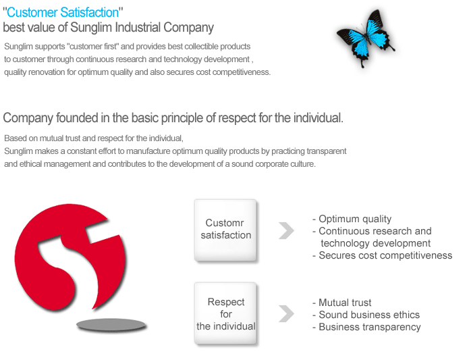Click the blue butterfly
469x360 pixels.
366,37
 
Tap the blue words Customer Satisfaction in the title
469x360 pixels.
63,13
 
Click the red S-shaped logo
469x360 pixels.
70,257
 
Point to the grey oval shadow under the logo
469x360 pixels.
111,325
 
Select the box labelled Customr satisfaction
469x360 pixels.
225,230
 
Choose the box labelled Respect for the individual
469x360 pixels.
225,313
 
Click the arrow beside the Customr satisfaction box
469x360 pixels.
286,230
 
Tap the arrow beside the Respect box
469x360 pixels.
286,313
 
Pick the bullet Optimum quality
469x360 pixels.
352,219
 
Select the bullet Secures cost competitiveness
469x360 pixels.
382,255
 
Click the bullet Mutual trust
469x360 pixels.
342,303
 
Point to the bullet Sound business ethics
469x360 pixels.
366,315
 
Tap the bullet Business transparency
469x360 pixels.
366,327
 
